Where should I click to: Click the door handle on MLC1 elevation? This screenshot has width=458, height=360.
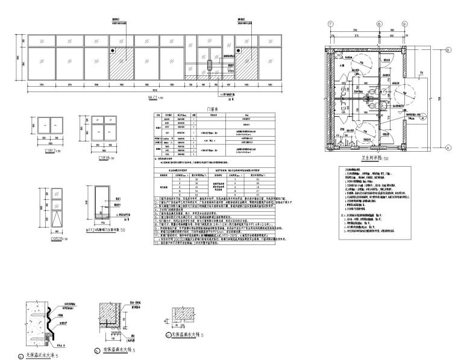[210, 64]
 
